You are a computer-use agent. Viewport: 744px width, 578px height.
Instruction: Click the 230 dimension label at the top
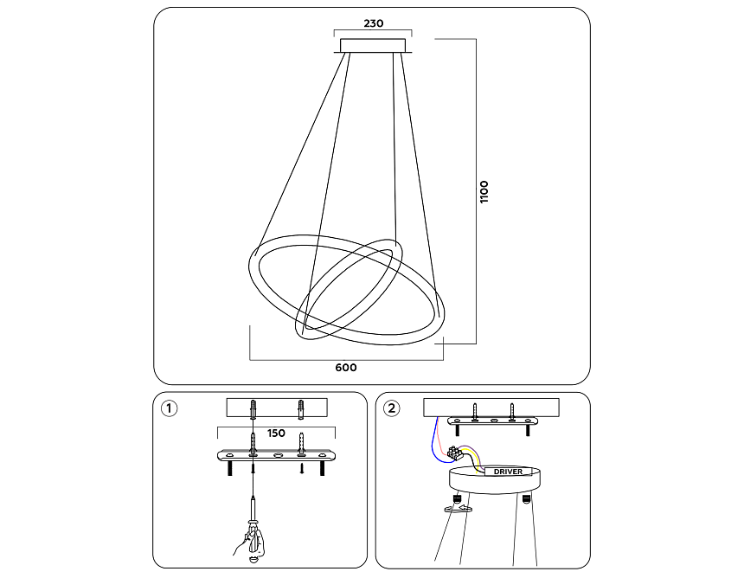click(x=373, y=24)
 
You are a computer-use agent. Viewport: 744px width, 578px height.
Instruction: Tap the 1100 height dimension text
click(x=484, y=191)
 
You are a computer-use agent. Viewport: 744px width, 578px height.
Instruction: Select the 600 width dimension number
click(x=345, y=368)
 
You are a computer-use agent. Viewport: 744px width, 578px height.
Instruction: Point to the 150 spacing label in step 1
click(x=276, y=433)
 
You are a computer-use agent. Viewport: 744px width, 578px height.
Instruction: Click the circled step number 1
click(x=170, y=408)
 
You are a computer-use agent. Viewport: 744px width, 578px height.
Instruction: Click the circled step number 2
click(x=393, y=408)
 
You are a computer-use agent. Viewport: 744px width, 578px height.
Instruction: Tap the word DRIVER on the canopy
click(x=508, y=472)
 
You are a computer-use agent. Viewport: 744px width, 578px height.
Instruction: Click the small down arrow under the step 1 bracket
click(x=301, y=470)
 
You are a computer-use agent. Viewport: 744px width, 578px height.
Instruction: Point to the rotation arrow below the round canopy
click(x=456, y=510)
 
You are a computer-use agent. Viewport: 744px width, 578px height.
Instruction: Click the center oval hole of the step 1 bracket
click(x=278, y=455)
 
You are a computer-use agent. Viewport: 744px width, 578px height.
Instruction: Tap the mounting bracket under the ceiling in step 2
click(x=491, y=421)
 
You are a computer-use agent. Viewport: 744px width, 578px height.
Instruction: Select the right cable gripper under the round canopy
click(x=525, y=499)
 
